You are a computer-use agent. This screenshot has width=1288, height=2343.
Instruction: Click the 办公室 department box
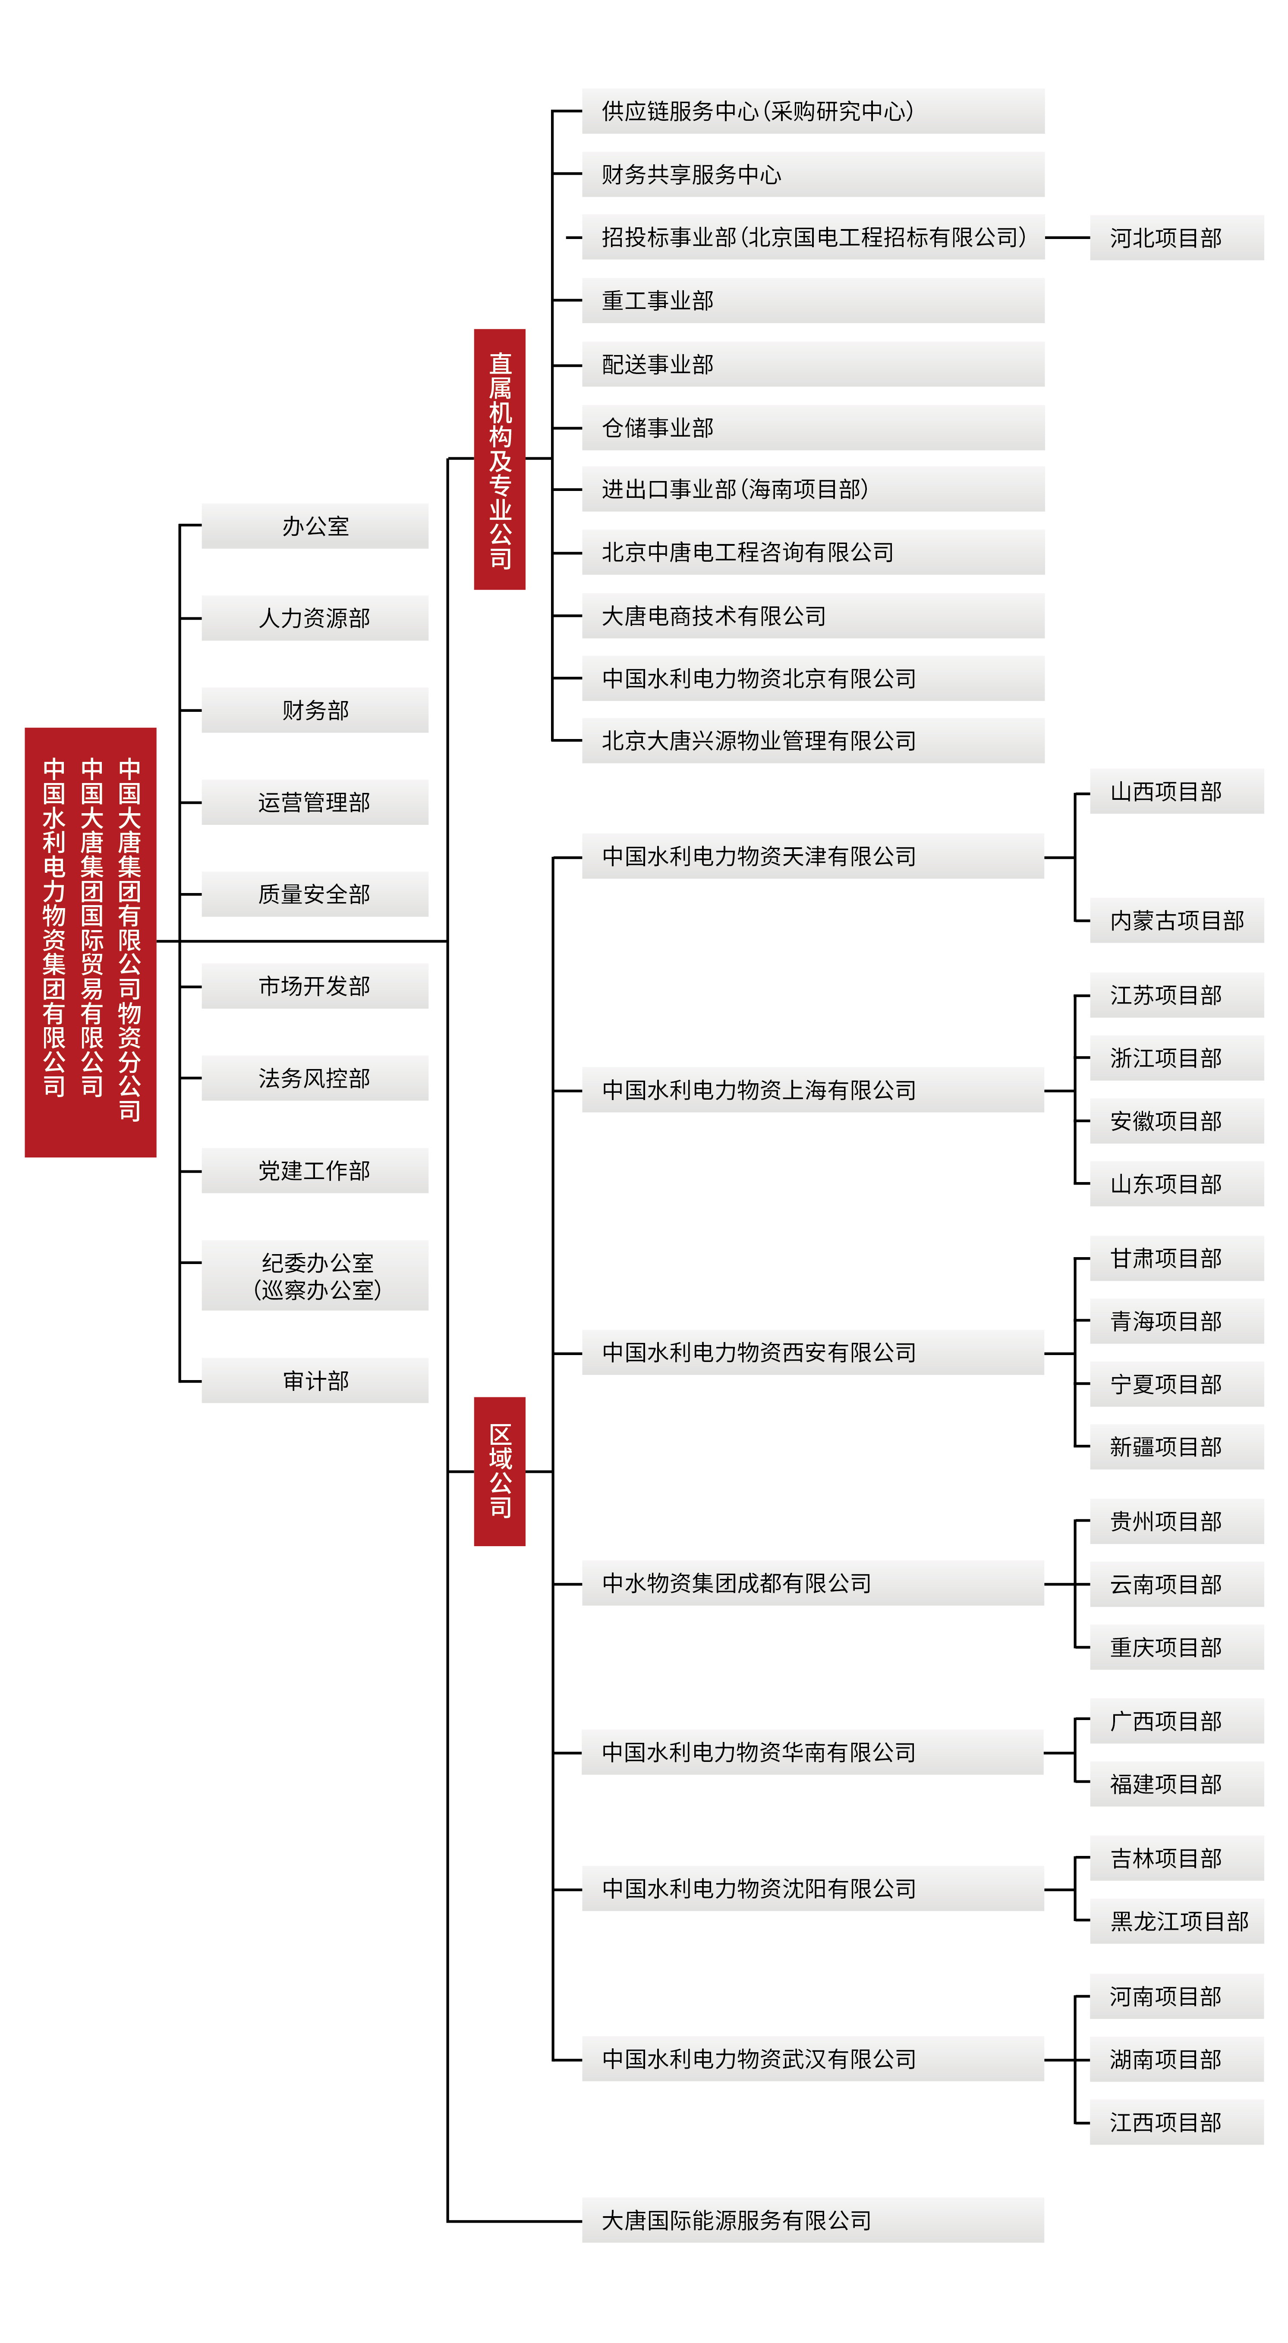[315, 526]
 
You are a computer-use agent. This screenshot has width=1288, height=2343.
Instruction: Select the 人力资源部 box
[315, 618]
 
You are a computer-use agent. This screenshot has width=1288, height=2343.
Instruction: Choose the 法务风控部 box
[315, 1078]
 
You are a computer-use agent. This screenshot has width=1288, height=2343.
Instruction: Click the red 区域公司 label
[499, 1471]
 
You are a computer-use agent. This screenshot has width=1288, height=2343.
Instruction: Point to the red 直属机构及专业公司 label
[499, 459]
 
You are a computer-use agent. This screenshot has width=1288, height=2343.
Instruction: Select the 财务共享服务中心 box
[813, 174]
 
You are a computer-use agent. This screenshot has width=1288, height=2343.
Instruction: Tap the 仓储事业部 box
[813, 428]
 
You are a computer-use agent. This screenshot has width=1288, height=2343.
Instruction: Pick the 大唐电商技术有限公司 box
[813, 616]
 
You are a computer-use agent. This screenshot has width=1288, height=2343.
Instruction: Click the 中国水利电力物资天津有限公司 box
[813, 856]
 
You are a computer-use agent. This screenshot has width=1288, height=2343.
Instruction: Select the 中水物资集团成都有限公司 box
[813, 1582]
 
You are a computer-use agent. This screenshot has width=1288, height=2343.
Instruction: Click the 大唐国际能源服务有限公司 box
[813, 2220]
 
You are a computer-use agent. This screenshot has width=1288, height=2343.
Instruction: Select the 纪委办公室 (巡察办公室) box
[315, 1275]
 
